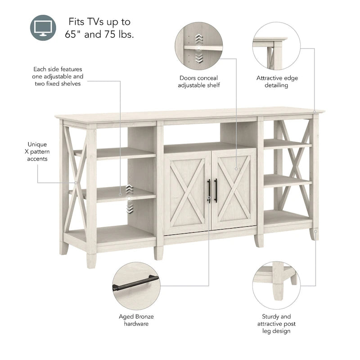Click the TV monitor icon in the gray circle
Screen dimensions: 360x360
click(44, 27)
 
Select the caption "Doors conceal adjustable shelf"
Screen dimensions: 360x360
click(199, 81)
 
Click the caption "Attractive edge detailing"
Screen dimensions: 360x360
click(277, 81)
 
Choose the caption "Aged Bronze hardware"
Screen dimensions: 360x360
click(136, 320)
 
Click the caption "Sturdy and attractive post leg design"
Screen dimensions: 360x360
click(276, 324)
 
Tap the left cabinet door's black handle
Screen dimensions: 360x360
click(209, 190)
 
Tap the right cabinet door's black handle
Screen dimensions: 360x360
click(216, 190)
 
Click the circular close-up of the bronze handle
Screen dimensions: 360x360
click(136, 286)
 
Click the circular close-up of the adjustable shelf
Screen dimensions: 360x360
click(198, 46)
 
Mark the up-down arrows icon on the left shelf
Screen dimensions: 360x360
click(129, 198)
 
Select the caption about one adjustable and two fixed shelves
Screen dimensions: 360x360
click(58, 76)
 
